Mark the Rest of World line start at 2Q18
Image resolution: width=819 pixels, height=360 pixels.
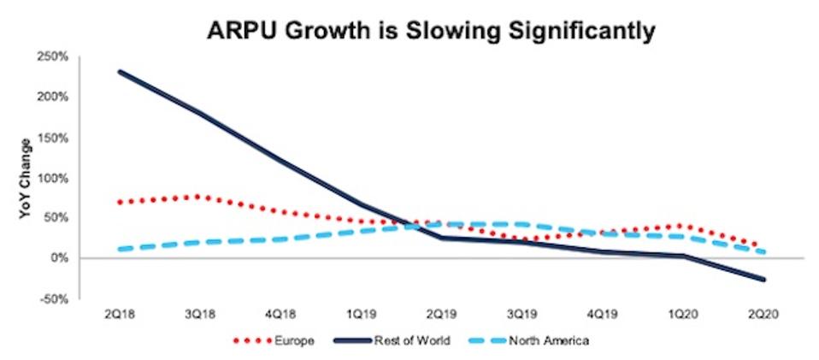(x=118, y=72)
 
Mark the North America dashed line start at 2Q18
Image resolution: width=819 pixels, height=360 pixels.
(x=120, y=250)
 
